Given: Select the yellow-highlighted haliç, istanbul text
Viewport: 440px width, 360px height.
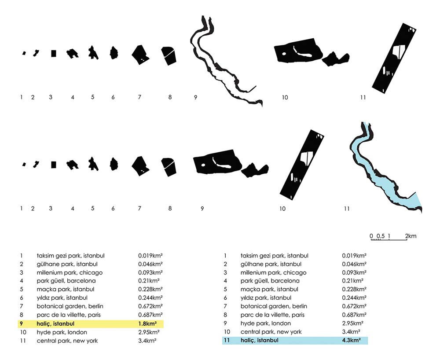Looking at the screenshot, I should tap(56, 324).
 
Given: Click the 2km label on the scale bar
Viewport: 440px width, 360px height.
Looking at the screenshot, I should tap(411, 236).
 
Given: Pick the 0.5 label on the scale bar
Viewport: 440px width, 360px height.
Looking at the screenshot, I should tap(380, 236).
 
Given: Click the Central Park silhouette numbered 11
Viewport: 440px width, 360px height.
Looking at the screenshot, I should tap(394, 57).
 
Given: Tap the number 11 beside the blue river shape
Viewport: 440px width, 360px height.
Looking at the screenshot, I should tap(347, 209).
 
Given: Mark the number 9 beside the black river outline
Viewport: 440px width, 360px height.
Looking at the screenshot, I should tap(195, 97).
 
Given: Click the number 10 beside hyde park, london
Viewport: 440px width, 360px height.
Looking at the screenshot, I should tap(22, 332).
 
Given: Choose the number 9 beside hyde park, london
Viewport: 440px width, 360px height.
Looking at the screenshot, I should tap(225, 323).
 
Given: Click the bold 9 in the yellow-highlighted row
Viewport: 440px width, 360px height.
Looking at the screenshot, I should tap(21, 324).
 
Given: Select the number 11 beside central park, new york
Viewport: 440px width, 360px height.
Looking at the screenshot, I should tap(22, 341).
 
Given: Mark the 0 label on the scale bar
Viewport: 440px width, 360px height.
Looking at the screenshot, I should tap(371, 236).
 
